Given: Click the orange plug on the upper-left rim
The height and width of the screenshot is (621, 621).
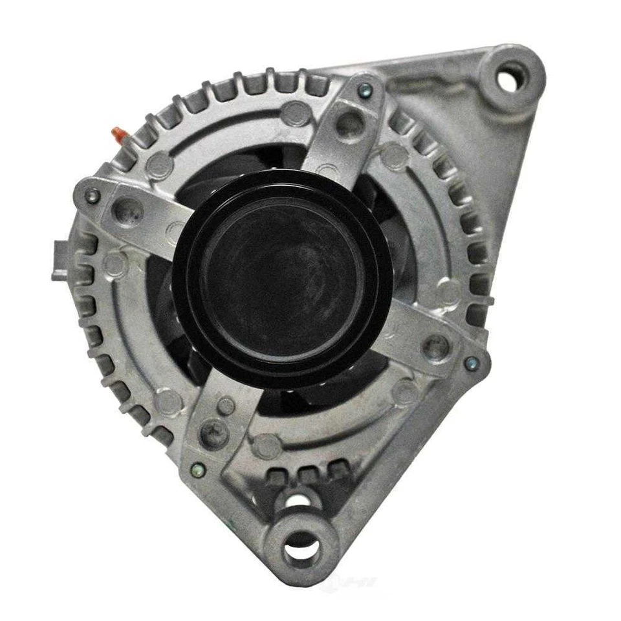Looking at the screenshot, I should click(119, 134).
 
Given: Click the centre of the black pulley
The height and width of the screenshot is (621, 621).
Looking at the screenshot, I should click(282, 280).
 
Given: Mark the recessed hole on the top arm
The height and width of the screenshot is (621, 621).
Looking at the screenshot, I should click(349, 123).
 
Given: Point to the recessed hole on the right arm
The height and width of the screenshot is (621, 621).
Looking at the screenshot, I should click(435, 345).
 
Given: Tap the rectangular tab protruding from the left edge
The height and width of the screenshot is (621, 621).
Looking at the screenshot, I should click(60, 258).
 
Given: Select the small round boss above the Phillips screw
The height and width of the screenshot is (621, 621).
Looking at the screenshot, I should click(225, 406).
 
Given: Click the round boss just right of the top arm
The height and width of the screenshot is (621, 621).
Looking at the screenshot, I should click(395, 157).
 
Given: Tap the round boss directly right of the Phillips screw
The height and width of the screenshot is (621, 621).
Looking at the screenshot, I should click(266, 446).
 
